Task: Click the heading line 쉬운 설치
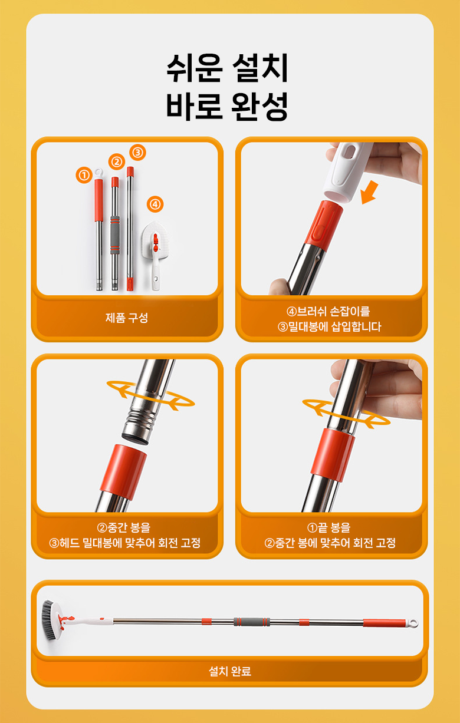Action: (x=227, y=68)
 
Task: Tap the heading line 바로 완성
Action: (x=227, y=106)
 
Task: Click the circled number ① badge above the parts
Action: (x=84, y=175)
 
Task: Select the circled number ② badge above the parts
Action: (x=117, y=161)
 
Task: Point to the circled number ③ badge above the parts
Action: (x=137, y=152)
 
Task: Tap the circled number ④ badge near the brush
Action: (x=155, y=204)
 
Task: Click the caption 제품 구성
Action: (x=127, y=318)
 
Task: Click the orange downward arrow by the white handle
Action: (x=370, y=192)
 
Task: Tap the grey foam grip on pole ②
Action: (x=115, y=235)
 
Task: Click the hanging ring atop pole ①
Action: (x=99, y=173)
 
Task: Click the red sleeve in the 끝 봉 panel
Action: (x=333, y=455)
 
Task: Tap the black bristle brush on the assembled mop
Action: (x=48, y=620)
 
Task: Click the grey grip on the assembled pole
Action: (x=252, y=622)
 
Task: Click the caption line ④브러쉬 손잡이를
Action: (x=328, y=312)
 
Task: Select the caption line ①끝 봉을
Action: (x=328, y=528)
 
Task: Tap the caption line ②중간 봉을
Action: (x=124, y=528)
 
